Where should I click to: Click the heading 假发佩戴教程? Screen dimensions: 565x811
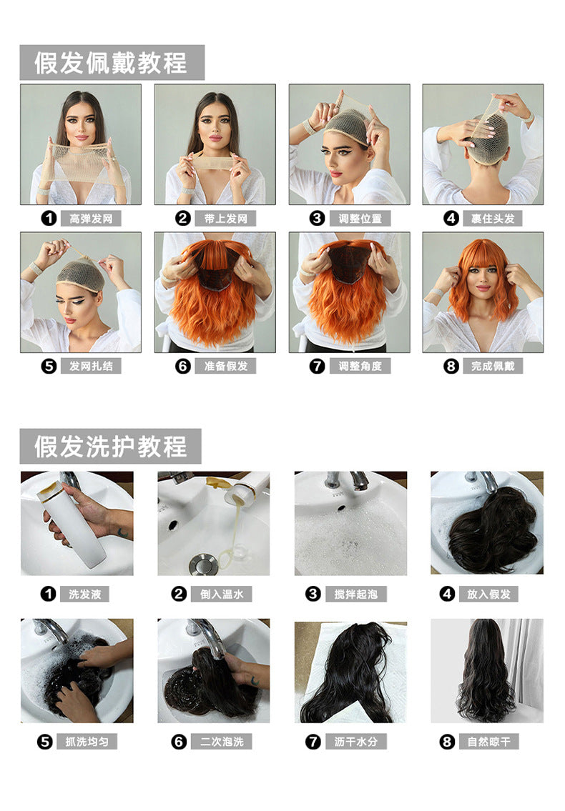pos(111,63)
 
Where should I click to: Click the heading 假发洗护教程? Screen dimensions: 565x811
pos(111,446)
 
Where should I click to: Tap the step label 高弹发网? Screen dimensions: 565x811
pos(91,219)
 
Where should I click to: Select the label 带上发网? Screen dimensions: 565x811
pos(225,219)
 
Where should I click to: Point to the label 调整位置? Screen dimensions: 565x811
pos(360,219)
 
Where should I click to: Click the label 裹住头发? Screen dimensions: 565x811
pos(493,219)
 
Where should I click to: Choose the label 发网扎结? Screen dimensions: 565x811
pos(91,366)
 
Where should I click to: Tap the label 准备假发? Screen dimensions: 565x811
pos(225,366)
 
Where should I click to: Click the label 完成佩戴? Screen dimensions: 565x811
pos(493,366)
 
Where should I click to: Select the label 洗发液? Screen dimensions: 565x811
pos(85,594)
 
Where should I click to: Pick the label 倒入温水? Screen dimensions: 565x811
pos(222,594)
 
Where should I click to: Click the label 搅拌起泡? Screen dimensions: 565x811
pos(355,594)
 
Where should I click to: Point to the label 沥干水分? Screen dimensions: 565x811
pos(355,742)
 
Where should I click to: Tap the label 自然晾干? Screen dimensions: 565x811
pos(489,742)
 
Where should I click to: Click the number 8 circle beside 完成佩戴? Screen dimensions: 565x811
pos(451,366)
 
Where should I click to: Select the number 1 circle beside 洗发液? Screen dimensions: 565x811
pos(48,594)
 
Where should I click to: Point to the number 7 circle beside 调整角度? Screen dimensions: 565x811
pos(317,366)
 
